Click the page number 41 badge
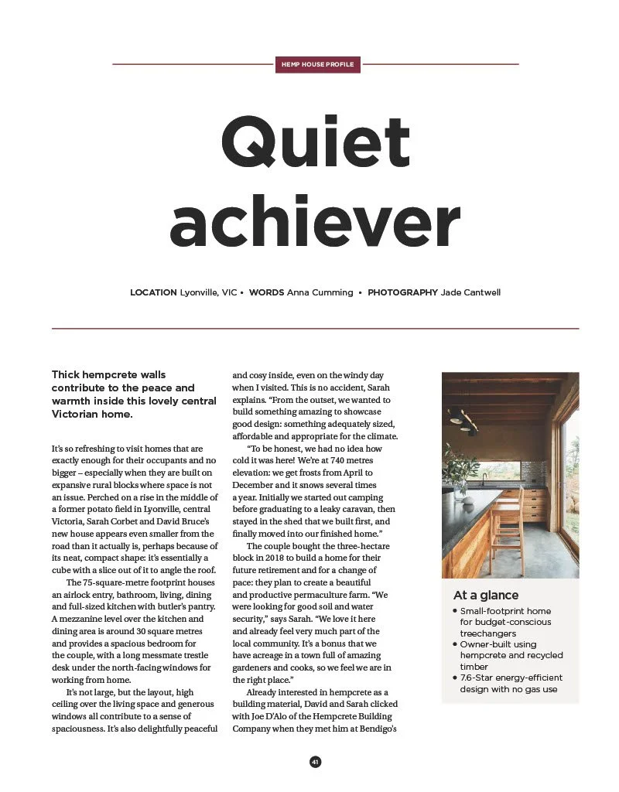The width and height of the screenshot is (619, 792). pos(315,762)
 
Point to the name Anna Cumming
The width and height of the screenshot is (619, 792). pos(320,292)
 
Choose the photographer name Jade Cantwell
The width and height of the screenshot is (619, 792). pos(470,292)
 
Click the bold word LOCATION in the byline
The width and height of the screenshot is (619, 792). pos(153,292)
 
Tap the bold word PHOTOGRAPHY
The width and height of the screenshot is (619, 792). pos(402,292)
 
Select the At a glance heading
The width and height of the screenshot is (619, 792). pos(486,596)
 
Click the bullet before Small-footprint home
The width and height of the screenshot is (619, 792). pos(455,611)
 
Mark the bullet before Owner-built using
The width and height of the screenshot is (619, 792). pos(455,644)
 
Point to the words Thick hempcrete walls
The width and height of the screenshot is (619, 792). pos(108,374)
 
